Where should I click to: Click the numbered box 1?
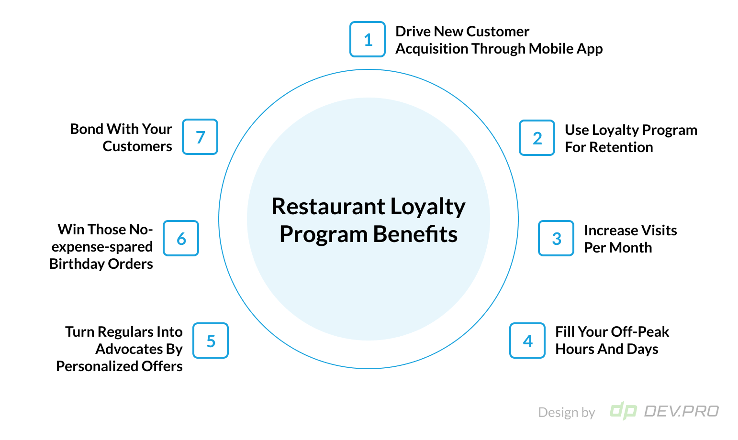point(368,39)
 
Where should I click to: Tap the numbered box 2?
point(537,138)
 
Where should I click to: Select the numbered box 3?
point(556,238)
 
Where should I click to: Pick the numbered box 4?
point(527,341)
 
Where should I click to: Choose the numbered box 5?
point(211,341)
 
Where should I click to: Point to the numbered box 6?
point(181,238)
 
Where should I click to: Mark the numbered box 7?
point(200,137)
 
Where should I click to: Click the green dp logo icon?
point(623,411)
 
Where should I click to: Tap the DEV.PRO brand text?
point(682,411)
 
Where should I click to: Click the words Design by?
point(566,412)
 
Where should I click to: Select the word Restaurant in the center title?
point(328,207)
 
